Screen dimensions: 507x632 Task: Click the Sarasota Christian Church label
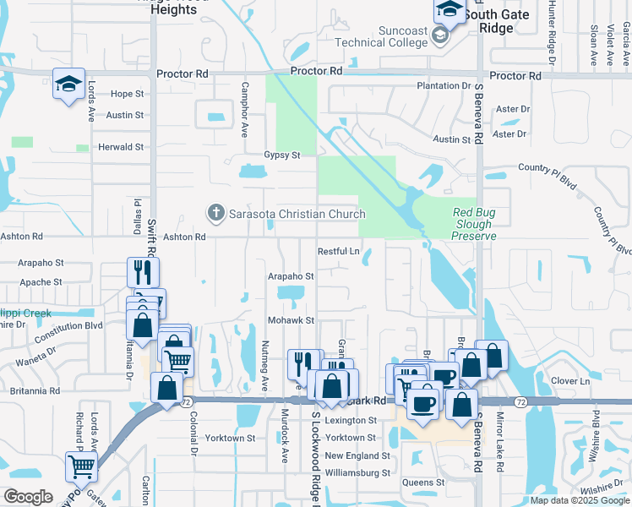click(297, 214)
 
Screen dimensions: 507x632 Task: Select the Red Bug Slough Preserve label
click(472, 224)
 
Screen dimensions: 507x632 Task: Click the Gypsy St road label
click(282, 155)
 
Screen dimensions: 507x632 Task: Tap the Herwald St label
click(120, 147)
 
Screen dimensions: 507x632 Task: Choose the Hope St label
click(128, 94)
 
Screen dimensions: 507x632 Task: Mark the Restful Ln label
click(338, 251)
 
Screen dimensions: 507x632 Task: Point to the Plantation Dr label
click(444, 86)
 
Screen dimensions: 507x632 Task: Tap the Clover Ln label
click(569, 381)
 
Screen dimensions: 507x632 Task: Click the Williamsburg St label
click(357, 473)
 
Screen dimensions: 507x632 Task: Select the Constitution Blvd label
click(68, 324)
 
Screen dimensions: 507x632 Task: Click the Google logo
click(28, 497)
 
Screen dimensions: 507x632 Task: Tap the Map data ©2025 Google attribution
click(580, 500)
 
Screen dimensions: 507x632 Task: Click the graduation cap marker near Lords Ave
click(68, 84)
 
